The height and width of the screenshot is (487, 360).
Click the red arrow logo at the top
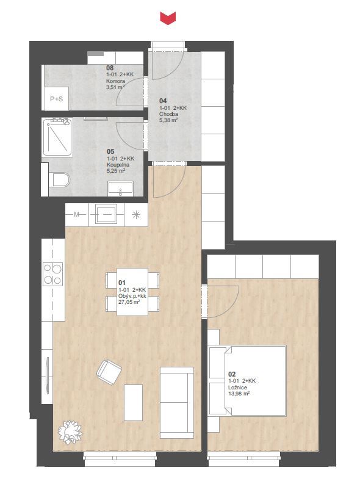point(168,18)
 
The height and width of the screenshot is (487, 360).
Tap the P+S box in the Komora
point(57,99)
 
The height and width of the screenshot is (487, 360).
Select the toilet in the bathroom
point(60,180)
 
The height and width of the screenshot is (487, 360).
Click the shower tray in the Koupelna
point(57,137)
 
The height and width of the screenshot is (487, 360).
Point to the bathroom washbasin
point(121,188)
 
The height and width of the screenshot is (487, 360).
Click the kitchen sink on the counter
point(106,214)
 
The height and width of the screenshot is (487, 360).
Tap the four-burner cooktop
point(53,274)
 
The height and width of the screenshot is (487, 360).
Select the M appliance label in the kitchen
point(77,214)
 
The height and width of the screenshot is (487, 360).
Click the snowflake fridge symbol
point(136,214)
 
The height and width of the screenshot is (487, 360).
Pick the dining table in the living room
point(132,292)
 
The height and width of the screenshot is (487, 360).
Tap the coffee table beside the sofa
point(133,402)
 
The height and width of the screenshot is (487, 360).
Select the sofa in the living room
point(177,403)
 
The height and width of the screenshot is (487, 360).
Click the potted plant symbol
point(71,431)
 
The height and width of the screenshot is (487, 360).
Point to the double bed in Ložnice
point(247,381)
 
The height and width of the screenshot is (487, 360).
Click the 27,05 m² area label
point(129,301)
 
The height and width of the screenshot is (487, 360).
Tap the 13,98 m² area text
point(239,393)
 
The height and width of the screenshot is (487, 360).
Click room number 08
point(110,68)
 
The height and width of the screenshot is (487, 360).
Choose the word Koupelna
point(118,165)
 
